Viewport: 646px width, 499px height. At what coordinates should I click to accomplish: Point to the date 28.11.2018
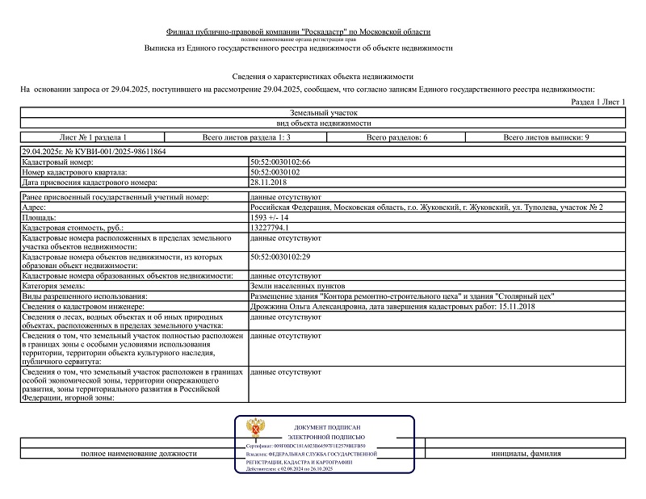(x=269, y=182)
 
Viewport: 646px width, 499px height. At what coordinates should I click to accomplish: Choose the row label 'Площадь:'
(x=40, y=218)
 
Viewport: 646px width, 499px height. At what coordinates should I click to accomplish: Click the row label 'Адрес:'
(x=36, y=208)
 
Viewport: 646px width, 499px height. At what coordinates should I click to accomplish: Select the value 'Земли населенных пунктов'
(x=298, y=287)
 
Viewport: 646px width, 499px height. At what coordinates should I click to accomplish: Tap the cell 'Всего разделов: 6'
(x=397, y=138)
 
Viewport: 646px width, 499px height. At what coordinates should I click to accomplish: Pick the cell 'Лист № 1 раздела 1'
(x=93, y=138)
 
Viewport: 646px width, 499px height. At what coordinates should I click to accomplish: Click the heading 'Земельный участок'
(x=323, y=113)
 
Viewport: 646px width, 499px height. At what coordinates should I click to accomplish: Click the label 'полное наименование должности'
(x=139, y=454)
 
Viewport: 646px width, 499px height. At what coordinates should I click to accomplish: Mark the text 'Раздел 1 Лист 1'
(x=598, y=102)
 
